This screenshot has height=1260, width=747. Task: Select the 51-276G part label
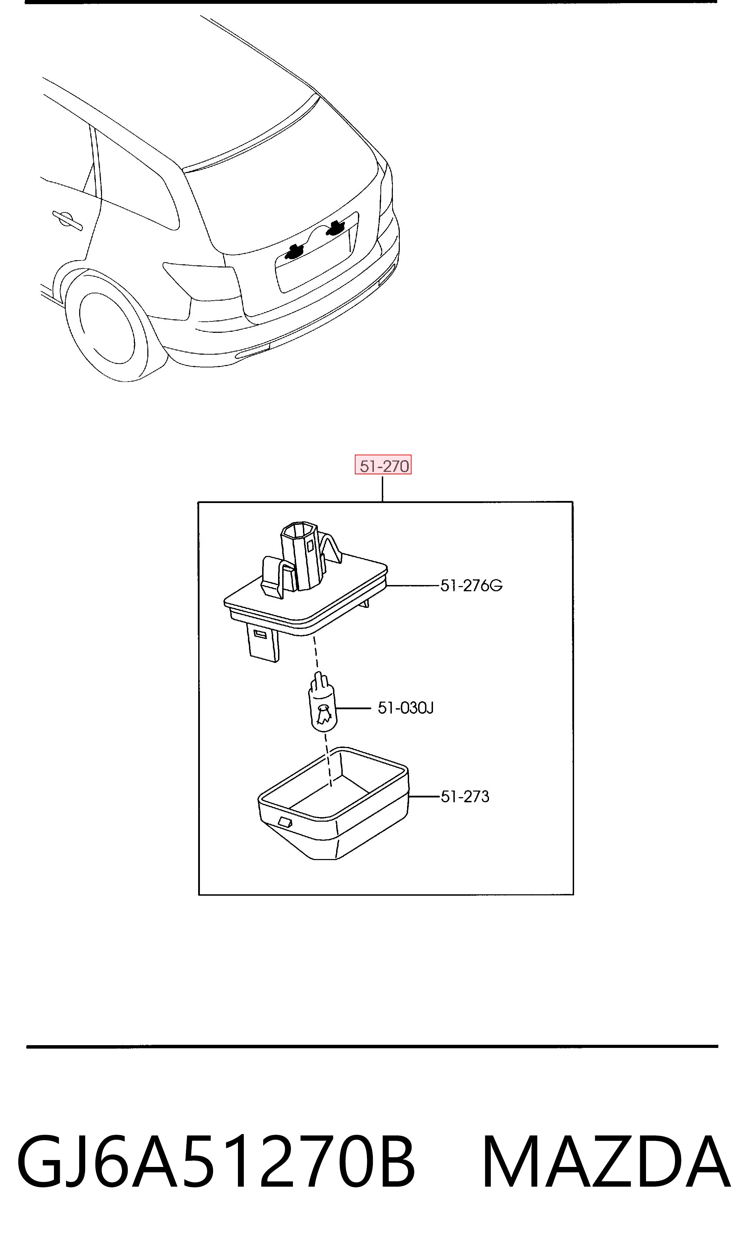point(471,585)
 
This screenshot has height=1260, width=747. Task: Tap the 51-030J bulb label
point(406,708)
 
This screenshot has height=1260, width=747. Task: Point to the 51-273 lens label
point(464,796)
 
